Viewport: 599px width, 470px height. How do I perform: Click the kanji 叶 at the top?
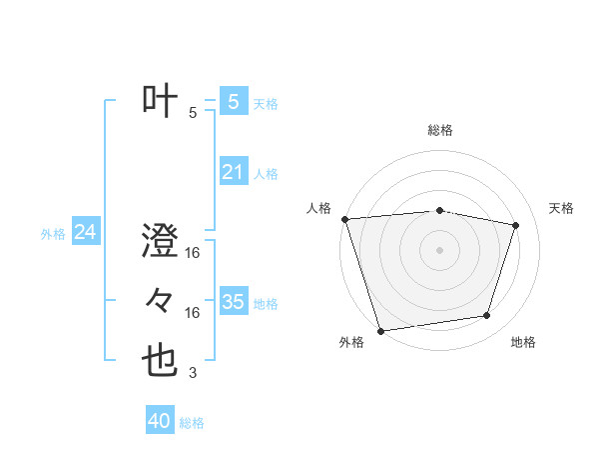point(161,102)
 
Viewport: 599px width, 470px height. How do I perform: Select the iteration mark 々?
point(161,301)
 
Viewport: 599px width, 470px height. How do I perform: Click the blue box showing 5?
point(233,102)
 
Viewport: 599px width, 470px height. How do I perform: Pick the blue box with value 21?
point(233,172)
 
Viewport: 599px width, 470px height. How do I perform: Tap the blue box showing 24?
point(85,233)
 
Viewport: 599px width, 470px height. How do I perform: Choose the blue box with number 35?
point(233,302)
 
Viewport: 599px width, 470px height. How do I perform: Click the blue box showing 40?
point(159,421)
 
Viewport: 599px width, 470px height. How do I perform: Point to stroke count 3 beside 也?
point(193,373)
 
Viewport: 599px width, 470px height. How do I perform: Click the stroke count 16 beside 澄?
point(193,253)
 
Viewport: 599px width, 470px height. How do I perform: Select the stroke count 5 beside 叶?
point(193,113)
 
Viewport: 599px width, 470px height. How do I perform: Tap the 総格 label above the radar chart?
point(439,130)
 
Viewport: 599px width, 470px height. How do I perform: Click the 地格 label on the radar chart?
point(523,342)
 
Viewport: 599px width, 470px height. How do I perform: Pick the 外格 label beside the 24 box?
point(53,234)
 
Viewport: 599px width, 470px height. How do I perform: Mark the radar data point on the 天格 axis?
point(516,225)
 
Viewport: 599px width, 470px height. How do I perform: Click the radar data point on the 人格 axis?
point(344,219)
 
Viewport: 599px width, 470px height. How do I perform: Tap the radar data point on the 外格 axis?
point(380,330)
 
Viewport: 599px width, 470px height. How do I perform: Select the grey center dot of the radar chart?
point(439,249)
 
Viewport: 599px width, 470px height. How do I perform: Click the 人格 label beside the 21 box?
point(266,174)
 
